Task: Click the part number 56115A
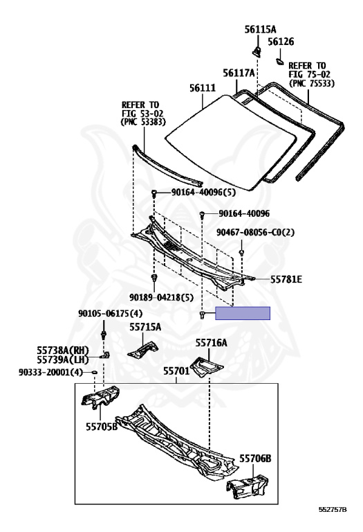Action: pos(260,29)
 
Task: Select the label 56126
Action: pos(281,42)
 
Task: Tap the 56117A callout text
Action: pos(239,73)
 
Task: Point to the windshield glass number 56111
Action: pos(203,88)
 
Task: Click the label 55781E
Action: pos(286,279)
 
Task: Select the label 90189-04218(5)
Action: pos(161,298)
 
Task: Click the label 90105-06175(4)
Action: pos(111,313)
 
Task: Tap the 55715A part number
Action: pos(145,327)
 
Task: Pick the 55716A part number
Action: pos(212,343)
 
